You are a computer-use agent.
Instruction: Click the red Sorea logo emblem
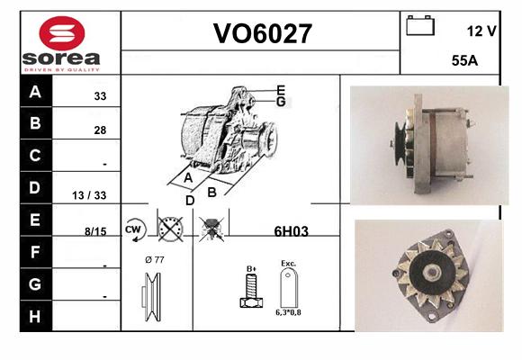[x=62, y=33]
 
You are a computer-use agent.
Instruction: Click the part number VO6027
[x=262, y=33]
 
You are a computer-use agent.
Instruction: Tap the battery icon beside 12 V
[x=420, y=25]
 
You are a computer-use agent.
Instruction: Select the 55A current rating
[x=464, y=60]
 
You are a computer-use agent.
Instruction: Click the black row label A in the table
[x=36, y=91]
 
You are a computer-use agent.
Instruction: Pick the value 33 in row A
[x=100, y=96]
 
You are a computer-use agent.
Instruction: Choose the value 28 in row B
[x=100, y=130]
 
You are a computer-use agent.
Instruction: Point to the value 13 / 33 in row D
[x=89, y=195]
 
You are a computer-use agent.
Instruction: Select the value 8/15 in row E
[x=95, y=231]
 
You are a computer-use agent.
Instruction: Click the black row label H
[x=35, y=317]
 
